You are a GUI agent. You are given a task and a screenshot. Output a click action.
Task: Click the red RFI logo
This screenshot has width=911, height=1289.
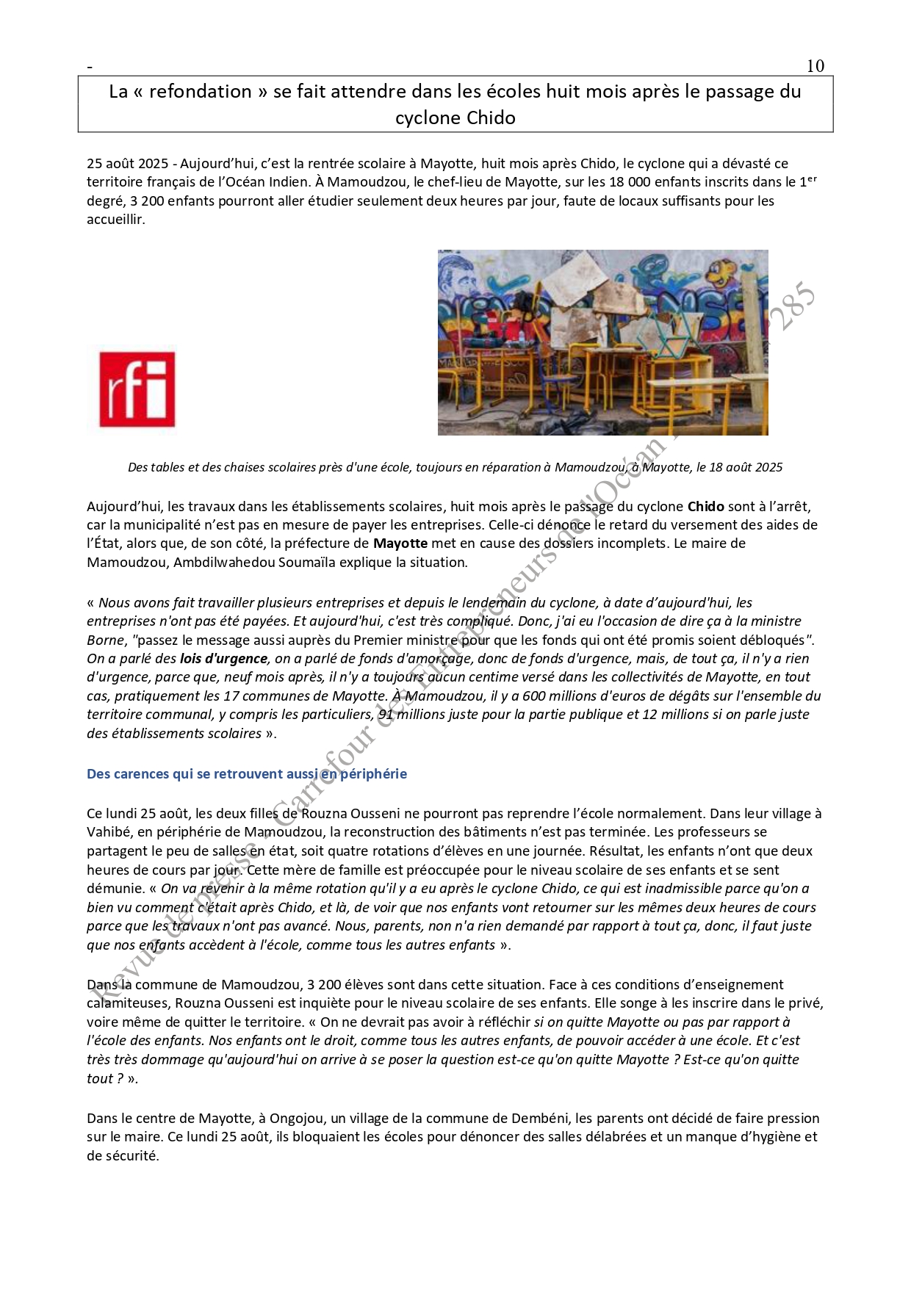pos(137,389)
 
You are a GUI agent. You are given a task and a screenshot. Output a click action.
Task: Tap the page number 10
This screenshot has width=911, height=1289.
pos(815,66)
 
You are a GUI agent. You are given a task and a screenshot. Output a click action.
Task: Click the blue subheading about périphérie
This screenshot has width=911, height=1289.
pos(246,773)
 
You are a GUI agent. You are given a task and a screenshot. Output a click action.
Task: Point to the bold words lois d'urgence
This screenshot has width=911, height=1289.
pos(223,658)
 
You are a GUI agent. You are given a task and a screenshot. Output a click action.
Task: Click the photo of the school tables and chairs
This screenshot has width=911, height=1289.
pos(602,342)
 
